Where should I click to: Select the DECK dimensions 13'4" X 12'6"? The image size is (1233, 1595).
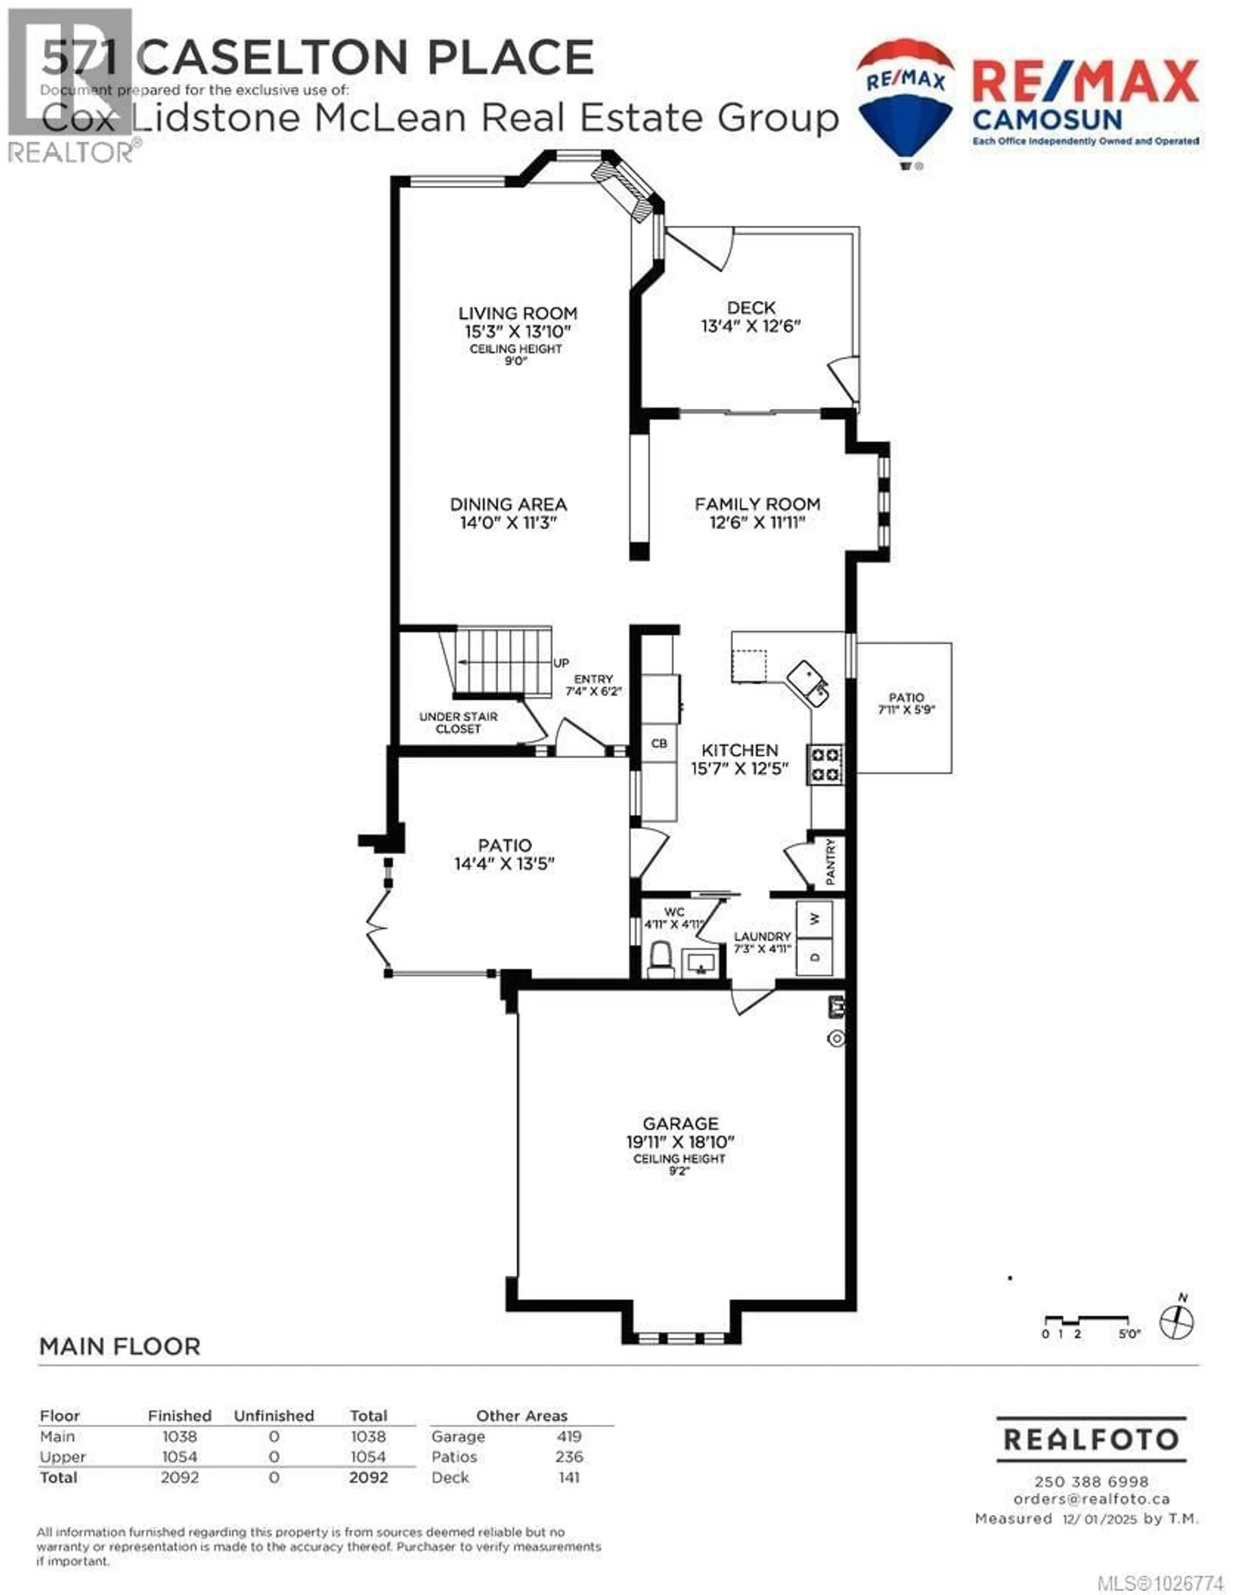click(x=751, y=326)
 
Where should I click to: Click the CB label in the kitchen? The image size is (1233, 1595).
click(x=659, y=743)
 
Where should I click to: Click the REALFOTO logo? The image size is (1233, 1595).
click(x=1091, y=1440)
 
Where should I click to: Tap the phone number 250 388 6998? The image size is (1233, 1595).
click(x=1091, y=1482)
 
